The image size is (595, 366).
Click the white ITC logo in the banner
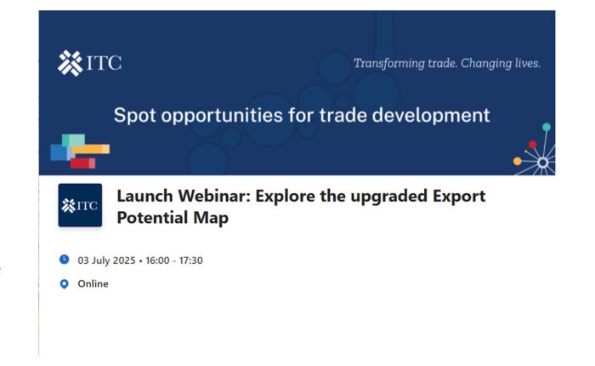point(89,63)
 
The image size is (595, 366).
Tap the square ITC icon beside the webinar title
point(80,205)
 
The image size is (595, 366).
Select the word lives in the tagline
point(527,63)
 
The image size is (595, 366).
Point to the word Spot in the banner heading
point(134,115)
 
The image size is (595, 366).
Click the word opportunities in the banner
point(222,115)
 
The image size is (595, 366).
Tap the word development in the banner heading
point(431,115)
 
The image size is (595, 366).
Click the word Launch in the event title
point(145,196)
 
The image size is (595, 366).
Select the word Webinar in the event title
point(215,196)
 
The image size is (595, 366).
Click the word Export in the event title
point(459,197)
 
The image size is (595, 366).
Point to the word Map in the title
point(211,218)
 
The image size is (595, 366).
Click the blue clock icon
point(64,260)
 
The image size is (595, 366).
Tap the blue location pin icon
point(64,284)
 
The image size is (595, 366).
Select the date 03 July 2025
point(106,260)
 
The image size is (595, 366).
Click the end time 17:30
point(191,260)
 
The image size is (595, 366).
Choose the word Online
point(93,283)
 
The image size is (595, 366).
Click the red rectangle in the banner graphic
point(82,163)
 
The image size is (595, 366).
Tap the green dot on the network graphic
point(547,127)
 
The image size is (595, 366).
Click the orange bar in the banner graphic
point(91,149)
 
